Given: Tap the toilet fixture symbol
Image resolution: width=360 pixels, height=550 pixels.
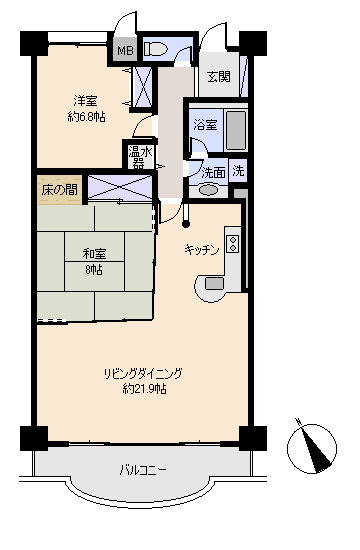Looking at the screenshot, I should [157, 49].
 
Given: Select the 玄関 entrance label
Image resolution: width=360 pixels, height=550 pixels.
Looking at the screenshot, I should [218, 76].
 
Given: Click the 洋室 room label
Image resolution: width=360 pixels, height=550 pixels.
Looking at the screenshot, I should [84, 99].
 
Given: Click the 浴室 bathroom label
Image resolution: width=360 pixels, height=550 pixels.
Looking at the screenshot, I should [206, 125].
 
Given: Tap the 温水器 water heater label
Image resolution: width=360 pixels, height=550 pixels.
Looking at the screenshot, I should [139, 158].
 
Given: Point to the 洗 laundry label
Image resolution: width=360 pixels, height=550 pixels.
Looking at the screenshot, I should [238, 170].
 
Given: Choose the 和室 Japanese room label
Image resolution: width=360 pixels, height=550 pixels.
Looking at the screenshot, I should [95, 255].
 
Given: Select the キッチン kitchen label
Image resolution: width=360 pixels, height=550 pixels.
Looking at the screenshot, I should [202, 250].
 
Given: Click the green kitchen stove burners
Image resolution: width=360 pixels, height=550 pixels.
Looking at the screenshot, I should [233, 243].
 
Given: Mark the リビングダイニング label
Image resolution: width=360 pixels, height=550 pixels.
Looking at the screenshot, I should [142, 373].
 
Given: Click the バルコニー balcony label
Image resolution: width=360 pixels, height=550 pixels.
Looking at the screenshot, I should [143, 470].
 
